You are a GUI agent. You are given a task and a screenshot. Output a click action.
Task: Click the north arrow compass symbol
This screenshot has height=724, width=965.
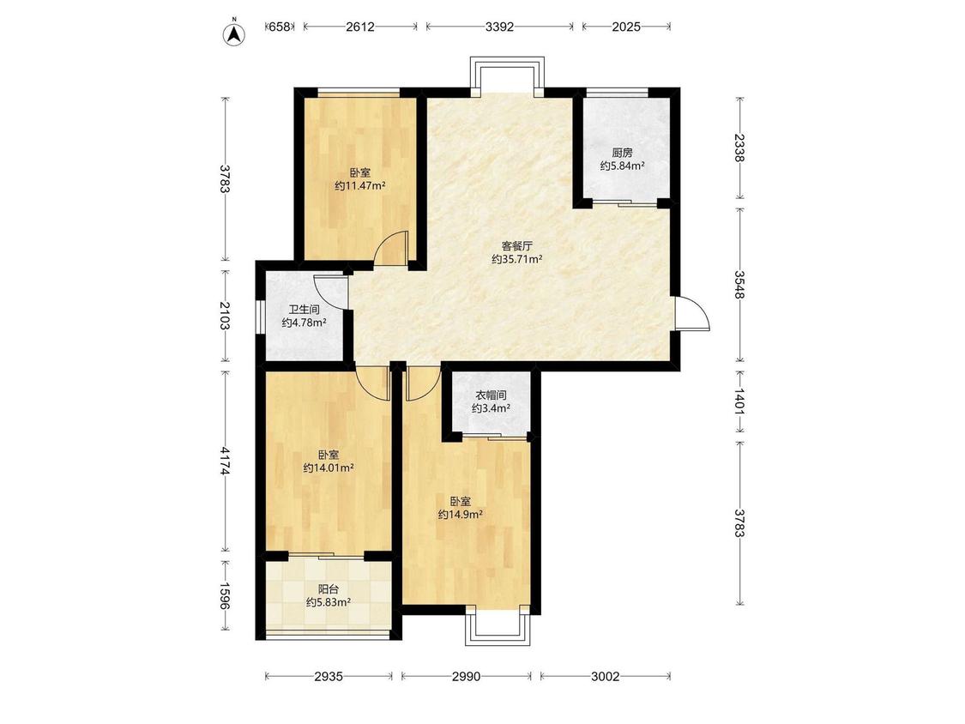[234, 33]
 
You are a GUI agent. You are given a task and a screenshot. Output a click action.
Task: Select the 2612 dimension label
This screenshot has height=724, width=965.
[360, 27]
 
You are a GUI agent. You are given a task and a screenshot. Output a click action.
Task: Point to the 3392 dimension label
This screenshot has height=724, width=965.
[499, 27]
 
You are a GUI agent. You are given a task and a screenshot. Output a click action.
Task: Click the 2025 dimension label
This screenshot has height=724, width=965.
[626, 27]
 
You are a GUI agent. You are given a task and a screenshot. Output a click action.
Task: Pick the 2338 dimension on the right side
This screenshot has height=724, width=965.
[739, 148]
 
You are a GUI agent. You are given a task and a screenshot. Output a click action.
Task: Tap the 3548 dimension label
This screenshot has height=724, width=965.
[739, 285]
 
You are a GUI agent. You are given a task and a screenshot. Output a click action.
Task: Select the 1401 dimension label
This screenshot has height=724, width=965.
[739, 401]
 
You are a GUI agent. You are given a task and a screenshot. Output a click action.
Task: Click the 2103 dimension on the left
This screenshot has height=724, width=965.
[225, 315]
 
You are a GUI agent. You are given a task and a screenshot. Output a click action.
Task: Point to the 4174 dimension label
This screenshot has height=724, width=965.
[225, 461]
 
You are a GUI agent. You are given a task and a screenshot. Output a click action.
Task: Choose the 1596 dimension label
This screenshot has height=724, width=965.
[225, 596]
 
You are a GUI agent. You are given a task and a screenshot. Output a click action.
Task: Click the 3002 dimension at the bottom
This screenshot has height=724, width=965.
[605, 677]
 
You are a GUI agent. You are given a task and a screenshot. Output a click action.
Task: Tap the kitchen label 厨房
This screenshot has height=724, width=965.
[622, 153]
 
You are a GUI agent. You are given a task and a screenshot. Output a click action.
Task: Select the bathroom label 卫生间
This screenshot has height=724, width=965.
[304, 310]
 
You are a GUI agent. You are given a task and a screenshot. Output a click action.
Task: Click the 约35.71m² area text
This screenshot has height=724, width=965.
[517, 260]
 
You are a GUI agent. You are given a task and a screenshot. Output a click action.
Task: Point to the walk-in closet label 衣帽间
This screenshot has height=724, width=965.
[491, 395]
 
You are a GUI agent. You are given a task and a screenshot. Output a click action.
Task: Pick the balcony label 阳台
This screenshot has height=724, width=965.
[328, 589]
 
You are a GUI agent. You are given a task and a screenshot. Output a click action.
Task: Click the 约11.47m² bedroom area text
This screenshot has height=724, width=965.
[360, 185]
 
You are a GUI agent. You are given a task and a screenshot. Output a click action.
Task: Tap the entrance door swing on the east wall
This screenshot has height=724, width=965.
[691, 313]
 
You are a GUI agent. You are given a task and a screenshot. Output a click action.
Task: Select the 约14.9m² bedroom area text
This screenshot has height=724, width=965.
[460, 514]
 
